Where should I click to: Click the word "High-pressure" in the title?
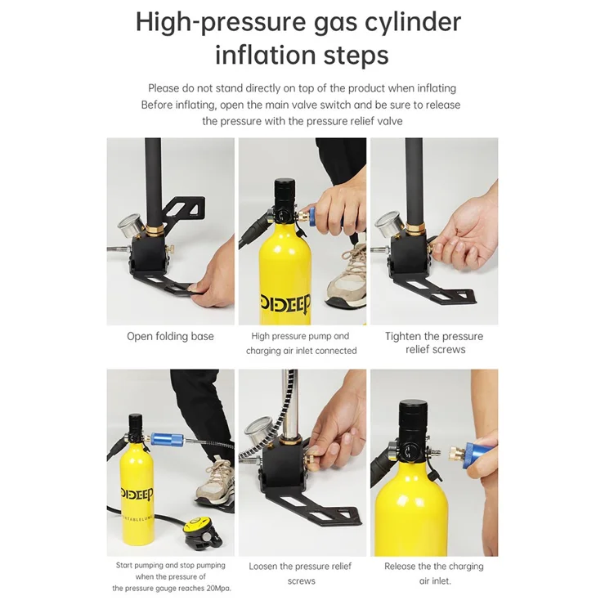click(x=221, y=23)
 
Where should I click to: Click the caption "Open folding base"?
click(x=170, y=336)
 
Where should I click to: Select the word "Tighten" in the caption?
click(x=403, y=337)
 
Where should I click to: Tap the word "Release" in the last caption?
click(x=399, y=567)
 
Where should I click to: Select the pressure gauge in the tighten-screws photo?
click(x=389, y=224)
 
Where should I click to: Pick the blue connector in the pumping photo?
click(x=166, y=439)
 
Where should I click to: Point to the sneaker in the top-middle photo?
click(x=347, y=276)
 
